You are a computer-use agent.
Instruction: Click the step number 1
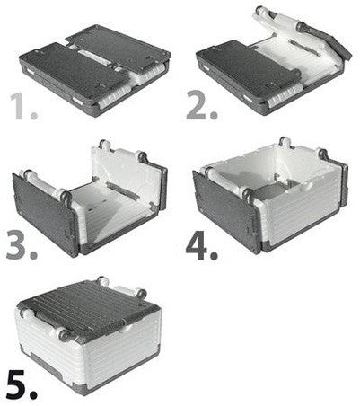(x=23, y=106)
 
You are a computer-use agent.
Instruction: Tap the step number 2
(x=201, y=105)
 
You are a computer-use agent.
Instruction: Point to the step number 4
(x=201, y=245)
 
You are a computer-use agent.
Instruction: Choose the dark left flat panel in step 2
(x=249, y=66)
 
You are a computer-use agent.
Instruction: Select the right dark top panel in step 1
(x=119, y=47)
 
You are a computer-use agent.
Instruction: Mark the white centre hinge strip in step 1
(x=92, y=55)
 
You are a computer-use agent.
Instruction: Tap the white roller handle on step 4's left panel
(x=225, y=179)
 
